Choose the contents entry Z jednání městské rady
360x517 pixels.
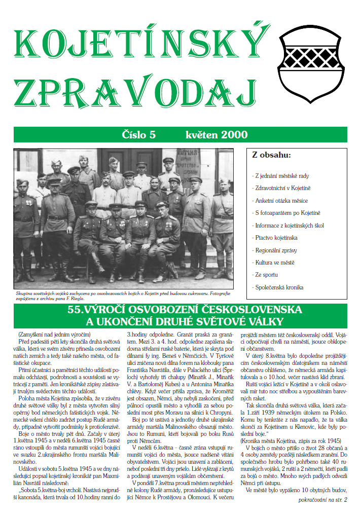point(280,176)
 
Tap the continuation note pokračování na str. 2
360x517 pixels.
point(322,501)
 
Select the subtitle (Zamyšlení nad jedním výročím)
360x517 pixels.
point(54,335)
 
